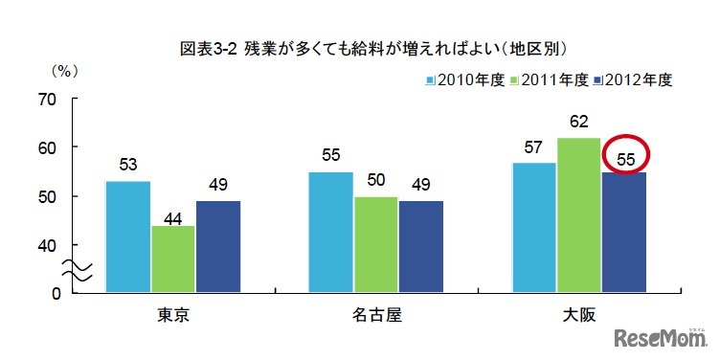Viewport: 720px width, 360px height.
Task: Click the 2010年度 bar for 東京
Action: [x=127, y=236]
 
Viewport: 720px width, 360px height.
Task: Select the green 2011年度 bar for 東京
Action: [x=172, y=259]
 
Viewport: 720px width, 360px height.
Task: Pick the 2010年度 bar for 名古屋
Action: [x=330, y=232]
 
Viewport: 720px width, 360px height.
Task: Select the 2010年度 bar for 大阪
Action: [x=534, y=227]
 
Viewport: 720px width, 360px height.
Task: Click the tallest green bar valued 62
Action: [x=579, y=214]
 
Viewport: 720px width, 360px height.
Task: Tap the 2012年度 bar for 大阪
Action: [x=624, y=232]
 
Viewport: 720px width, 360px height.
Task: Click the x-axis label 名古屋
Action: [x=376, y=315]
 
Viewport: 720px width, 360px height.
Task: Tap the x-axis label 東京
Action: [x=172, y=315]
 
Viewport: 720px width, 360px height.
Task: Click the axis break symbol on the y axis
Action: [x=77, y=271]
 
